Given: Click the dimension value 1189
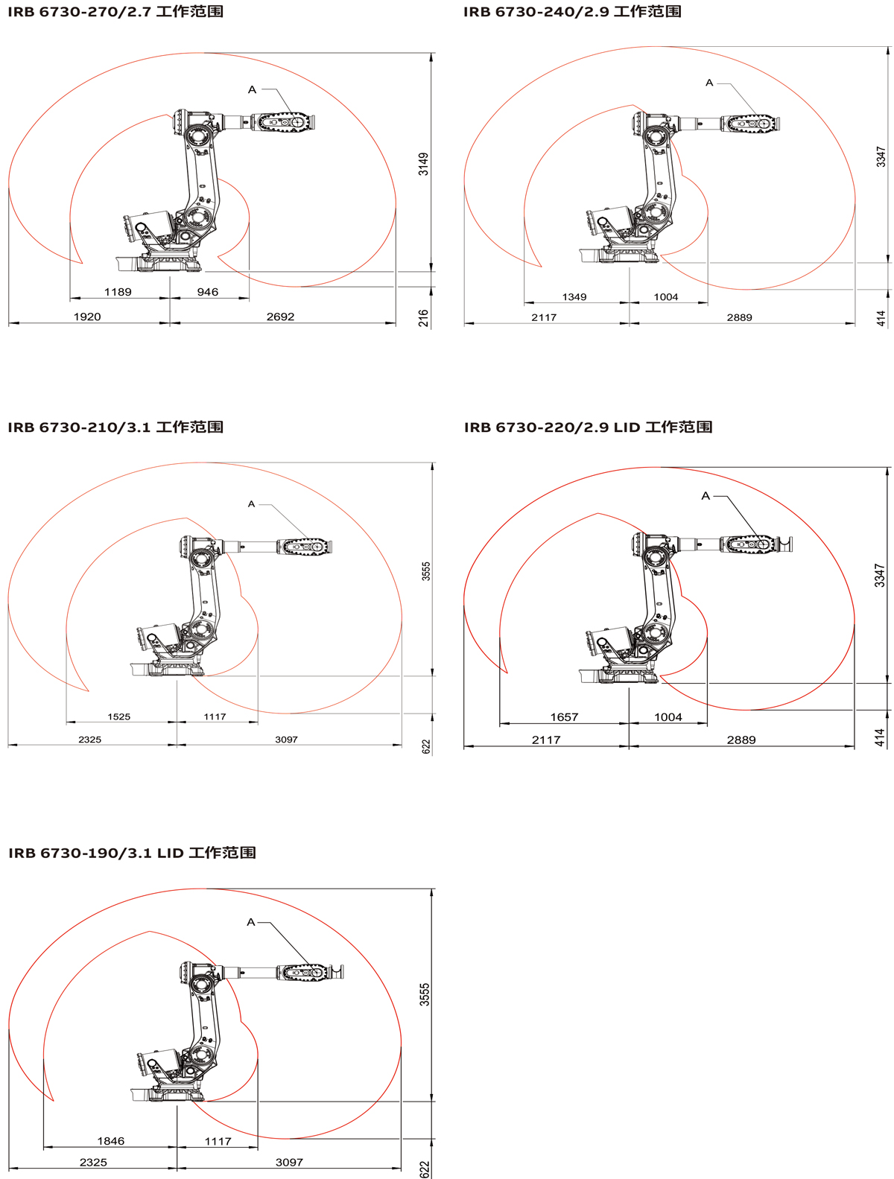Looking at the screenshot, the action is (118, 292).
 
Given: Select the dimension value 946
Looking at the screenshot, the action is (207, 292).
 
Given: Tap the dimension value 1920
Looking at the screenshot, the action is (87, 317).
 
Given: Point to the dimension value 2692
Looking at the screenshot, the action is (280, 317).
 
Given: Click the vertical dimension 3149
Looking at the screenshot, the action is (424, 164).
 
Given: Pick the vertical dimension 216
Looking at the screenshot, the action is (424, 318).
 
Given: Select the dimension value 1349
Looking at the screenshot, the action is (574, 297).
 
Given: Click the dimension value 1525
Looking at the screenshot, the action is (118, 716).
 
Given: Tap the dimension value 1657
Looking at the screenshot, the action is (564, 717).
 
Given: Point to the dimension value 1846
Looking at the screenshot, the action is (111, 1141).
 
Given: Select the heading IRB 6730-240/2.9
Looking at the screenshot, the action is (536, 11).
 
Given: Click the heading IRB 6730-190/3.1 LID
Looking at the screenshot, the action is (96, 853).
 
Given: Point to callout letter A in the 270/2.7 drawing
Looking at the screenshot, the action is (252, 89).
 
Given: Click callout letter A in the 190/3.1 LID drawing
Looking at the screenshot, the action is (251, 922).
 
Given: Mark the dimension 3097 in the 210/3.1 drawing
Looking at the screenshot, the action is (286, 740).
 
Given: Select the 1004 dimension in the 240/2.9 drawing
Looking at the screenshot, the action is (666, 297).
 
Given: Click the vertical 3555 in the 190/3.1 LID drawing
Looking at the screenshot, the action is (425, 995).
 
